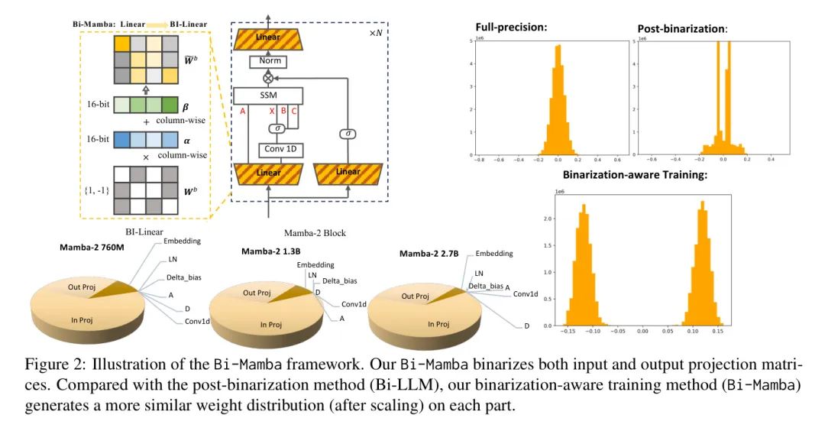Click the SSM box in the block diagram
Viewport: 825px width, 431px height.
pyautogui.click(x=268, y=96)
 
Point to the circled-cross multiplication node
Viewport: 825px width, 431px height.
pyautogui.click(x=268, y=78)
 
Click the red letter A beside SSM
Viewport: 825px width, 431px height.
pyautogui.click(x=242, y=111)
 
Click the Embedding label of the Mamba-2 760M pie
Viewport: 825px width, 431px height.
pyautogui.click(x=183, y=241)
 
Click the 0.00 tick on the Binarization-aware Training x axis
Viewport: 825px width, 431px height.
pyautogui.click(x=642, y=332)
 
